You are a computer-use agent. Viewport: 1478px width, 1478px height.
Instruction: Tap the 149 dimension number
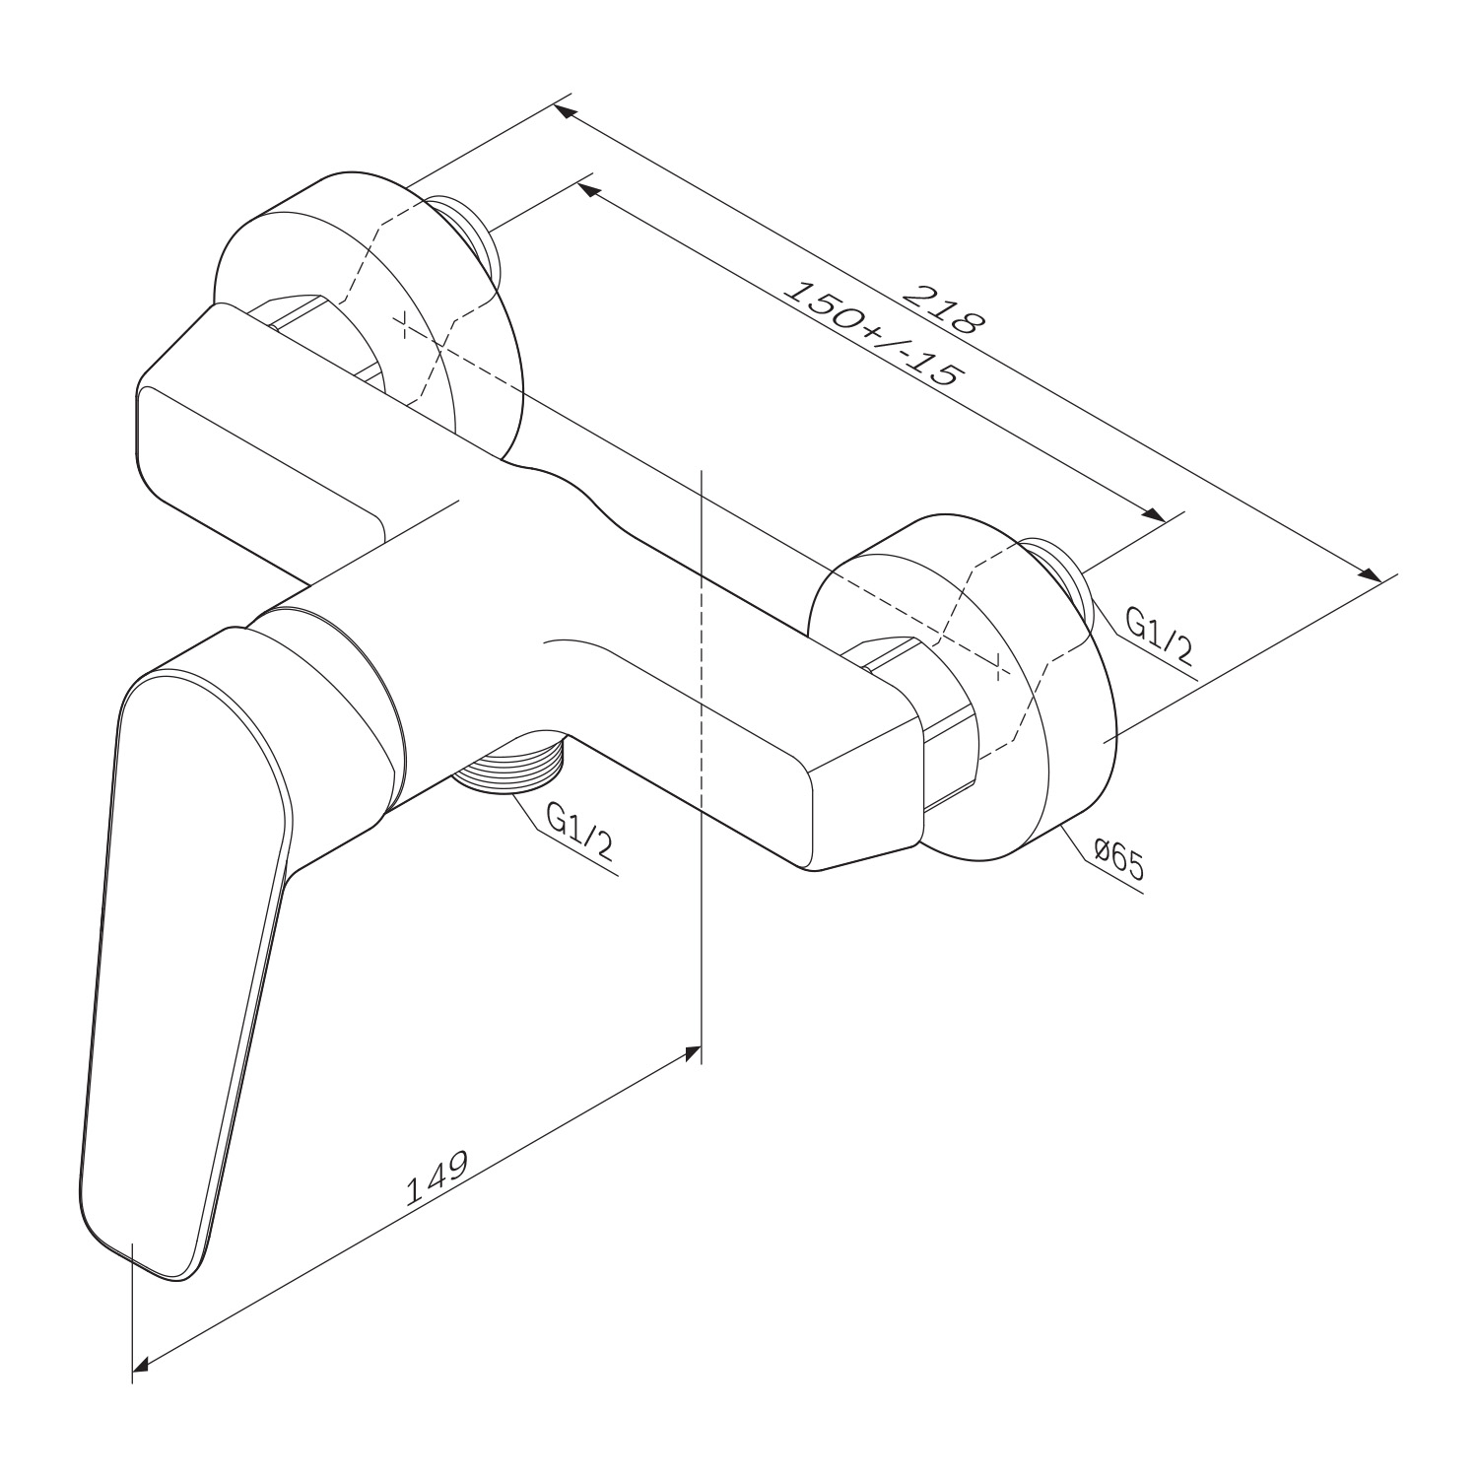point(436,1178)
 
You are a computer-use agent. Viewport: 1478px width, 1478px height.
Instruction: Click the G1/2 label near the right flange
point(1160,637)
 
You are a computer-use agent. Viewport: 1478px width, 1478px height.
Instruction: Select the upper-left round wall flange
point(365,315)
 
